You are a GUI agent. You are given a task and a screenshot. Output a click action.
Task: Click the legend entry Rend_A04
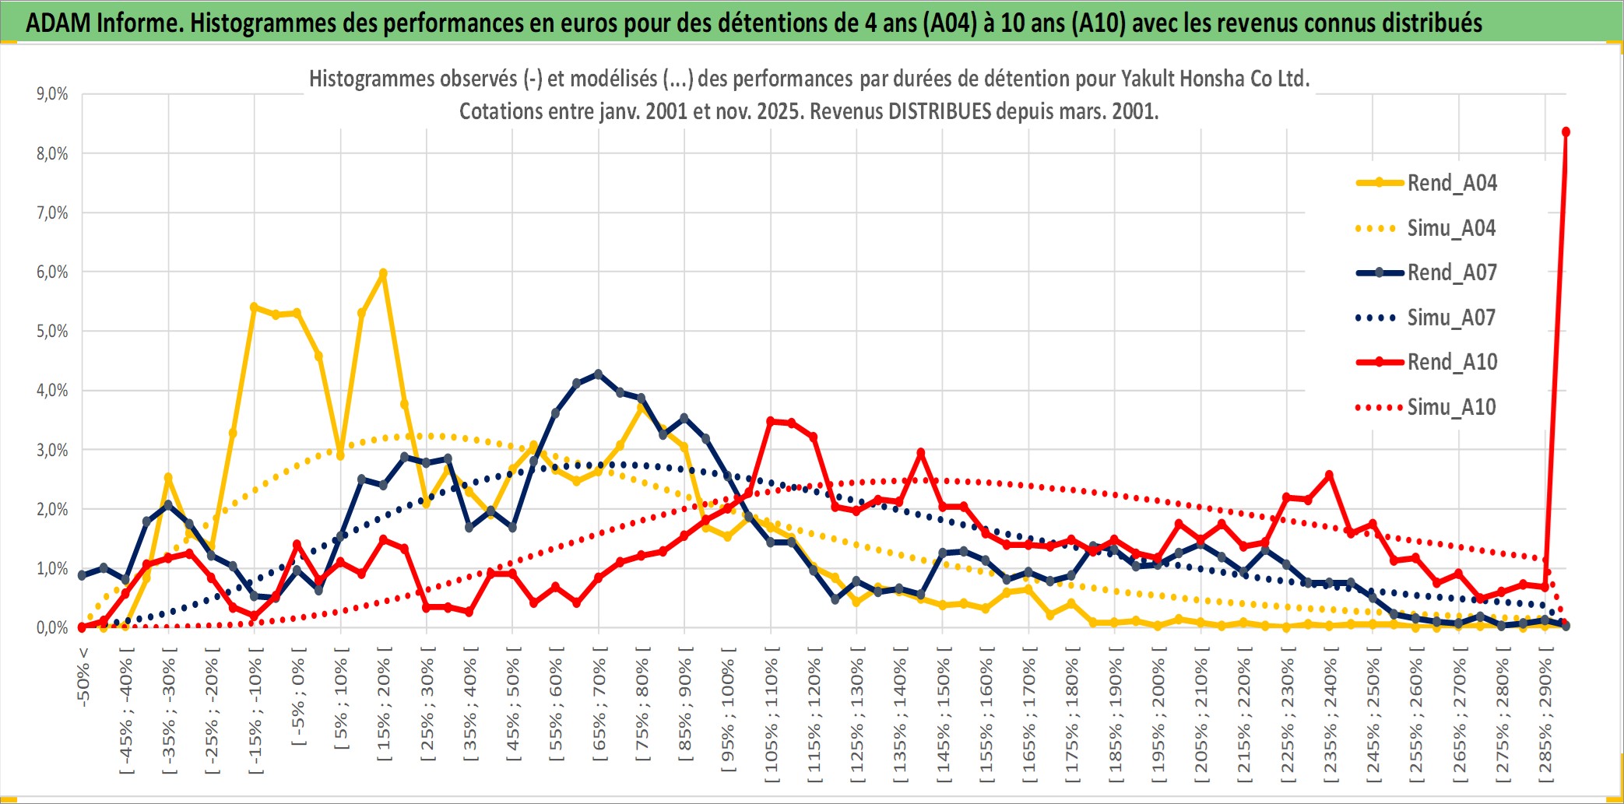point(1451,183)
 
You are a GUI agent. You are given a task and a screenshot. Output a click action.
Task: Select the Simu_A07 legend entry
point(1451,318)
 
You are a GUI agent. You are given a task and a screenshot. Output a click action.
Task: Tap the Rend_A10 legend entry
point(1451,362)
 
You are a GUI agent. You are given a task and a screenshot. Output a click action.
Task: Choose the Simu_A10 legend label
point(1451,407)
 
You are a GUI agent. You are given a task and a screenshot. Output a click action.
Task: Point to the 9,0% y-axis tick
point(52,94)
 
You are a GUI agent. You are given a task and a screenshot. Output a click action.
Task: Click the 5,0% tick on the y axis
point(52,332)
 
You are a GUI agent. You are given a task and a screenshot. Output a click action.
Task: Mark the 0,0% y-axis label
point(52,627)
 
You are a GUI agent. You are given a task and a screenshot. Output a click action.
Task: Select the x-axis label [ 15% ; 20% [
point(384,708)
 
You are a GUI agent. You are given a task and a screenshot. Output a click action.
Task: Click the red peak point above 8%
point(1566,132)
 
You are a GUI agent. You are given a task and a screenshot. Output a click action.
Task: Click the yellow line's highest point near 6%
point(383,273)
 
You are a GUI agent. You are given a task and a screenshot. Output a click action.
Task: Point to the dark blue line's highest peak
point(598,374)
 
